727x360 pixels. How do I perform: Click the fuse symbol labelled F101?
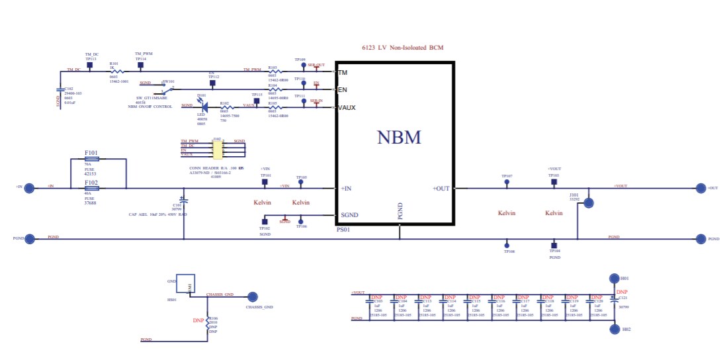(92, 159)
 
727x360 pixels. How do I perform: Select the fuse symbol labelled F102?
(92, 189)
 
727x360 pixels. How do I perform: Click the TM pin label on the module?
(343, 71)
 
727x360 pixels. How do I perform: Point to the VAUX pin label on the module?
(347, 107)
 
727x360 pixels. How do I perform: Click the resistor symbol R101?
(117, 70)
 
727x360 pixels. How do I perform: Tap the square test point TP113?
(89, 65)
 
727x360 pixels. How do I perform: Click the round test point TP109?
(302, 66)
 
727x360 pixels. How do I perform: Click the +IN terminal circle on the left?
(29, 188)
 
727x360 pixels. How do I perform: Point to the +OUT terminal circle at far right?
(701, 189)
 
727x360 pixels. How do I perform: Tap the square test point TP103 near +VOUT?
(554, 181)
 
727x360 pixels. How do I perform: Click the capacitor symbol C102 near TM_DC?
(61, 89)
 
